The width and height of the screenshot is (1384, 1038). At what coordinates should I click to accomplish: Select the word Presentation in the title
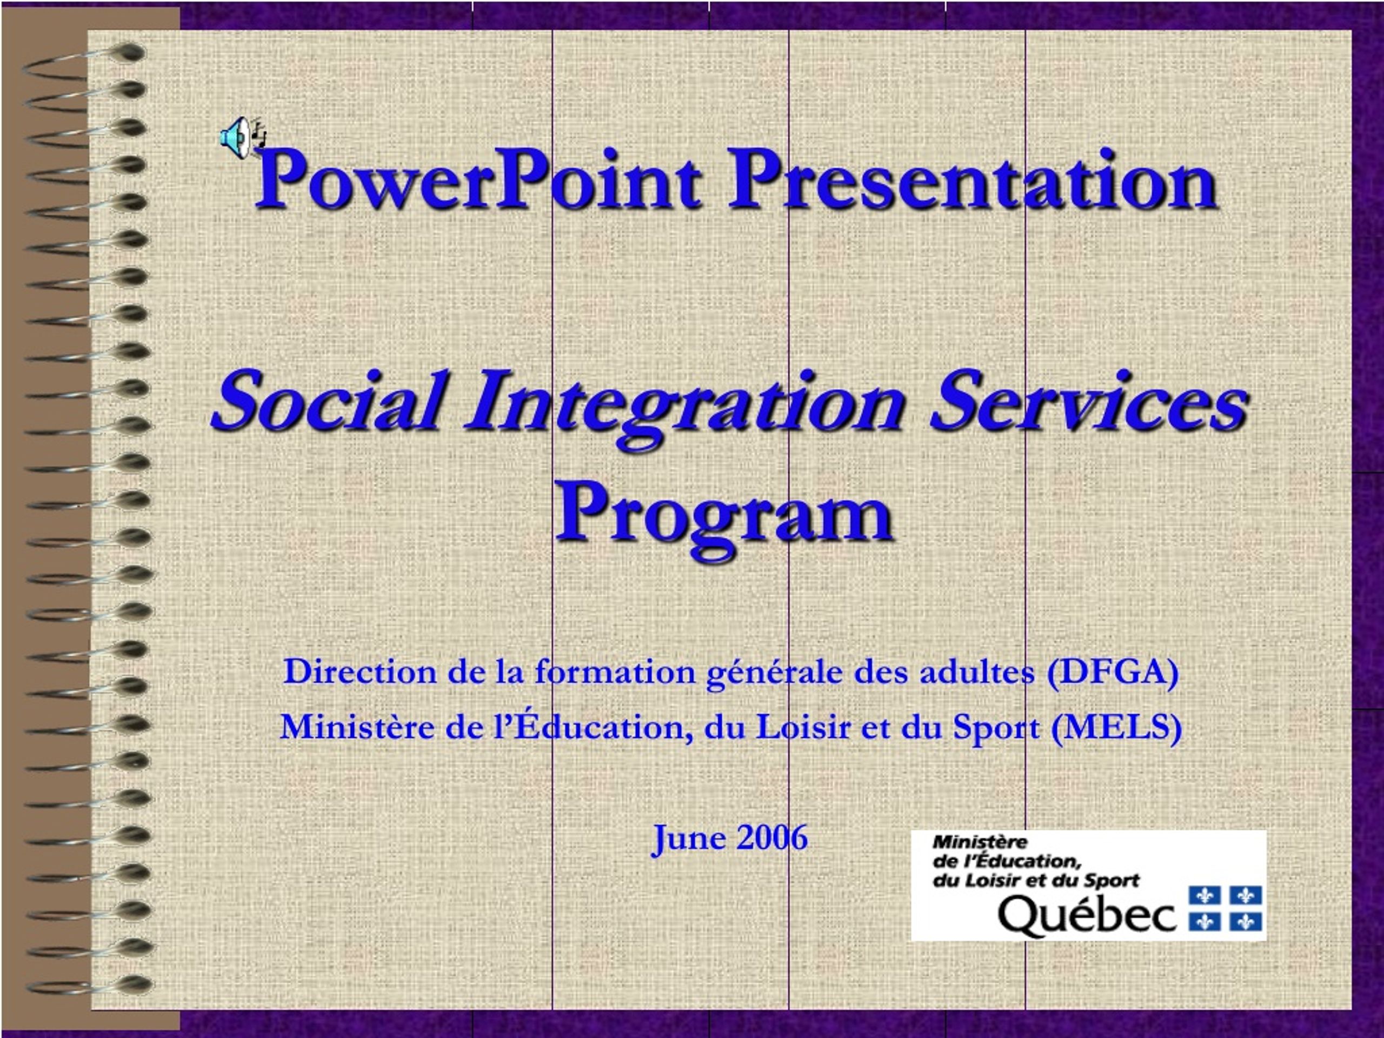point(973,182)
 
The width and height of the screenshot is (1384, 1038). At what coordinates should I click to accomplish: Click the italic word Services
point(1089,401)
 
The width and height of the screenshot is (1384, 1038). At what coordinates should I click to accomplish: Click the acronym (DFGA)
point(1112,673)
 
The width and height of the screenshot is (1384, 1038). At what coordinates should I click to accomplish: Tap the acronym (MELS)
point(1116,728)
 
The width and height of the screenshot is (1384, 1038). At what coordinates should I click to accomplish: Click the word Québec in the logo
point(1087,916)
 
